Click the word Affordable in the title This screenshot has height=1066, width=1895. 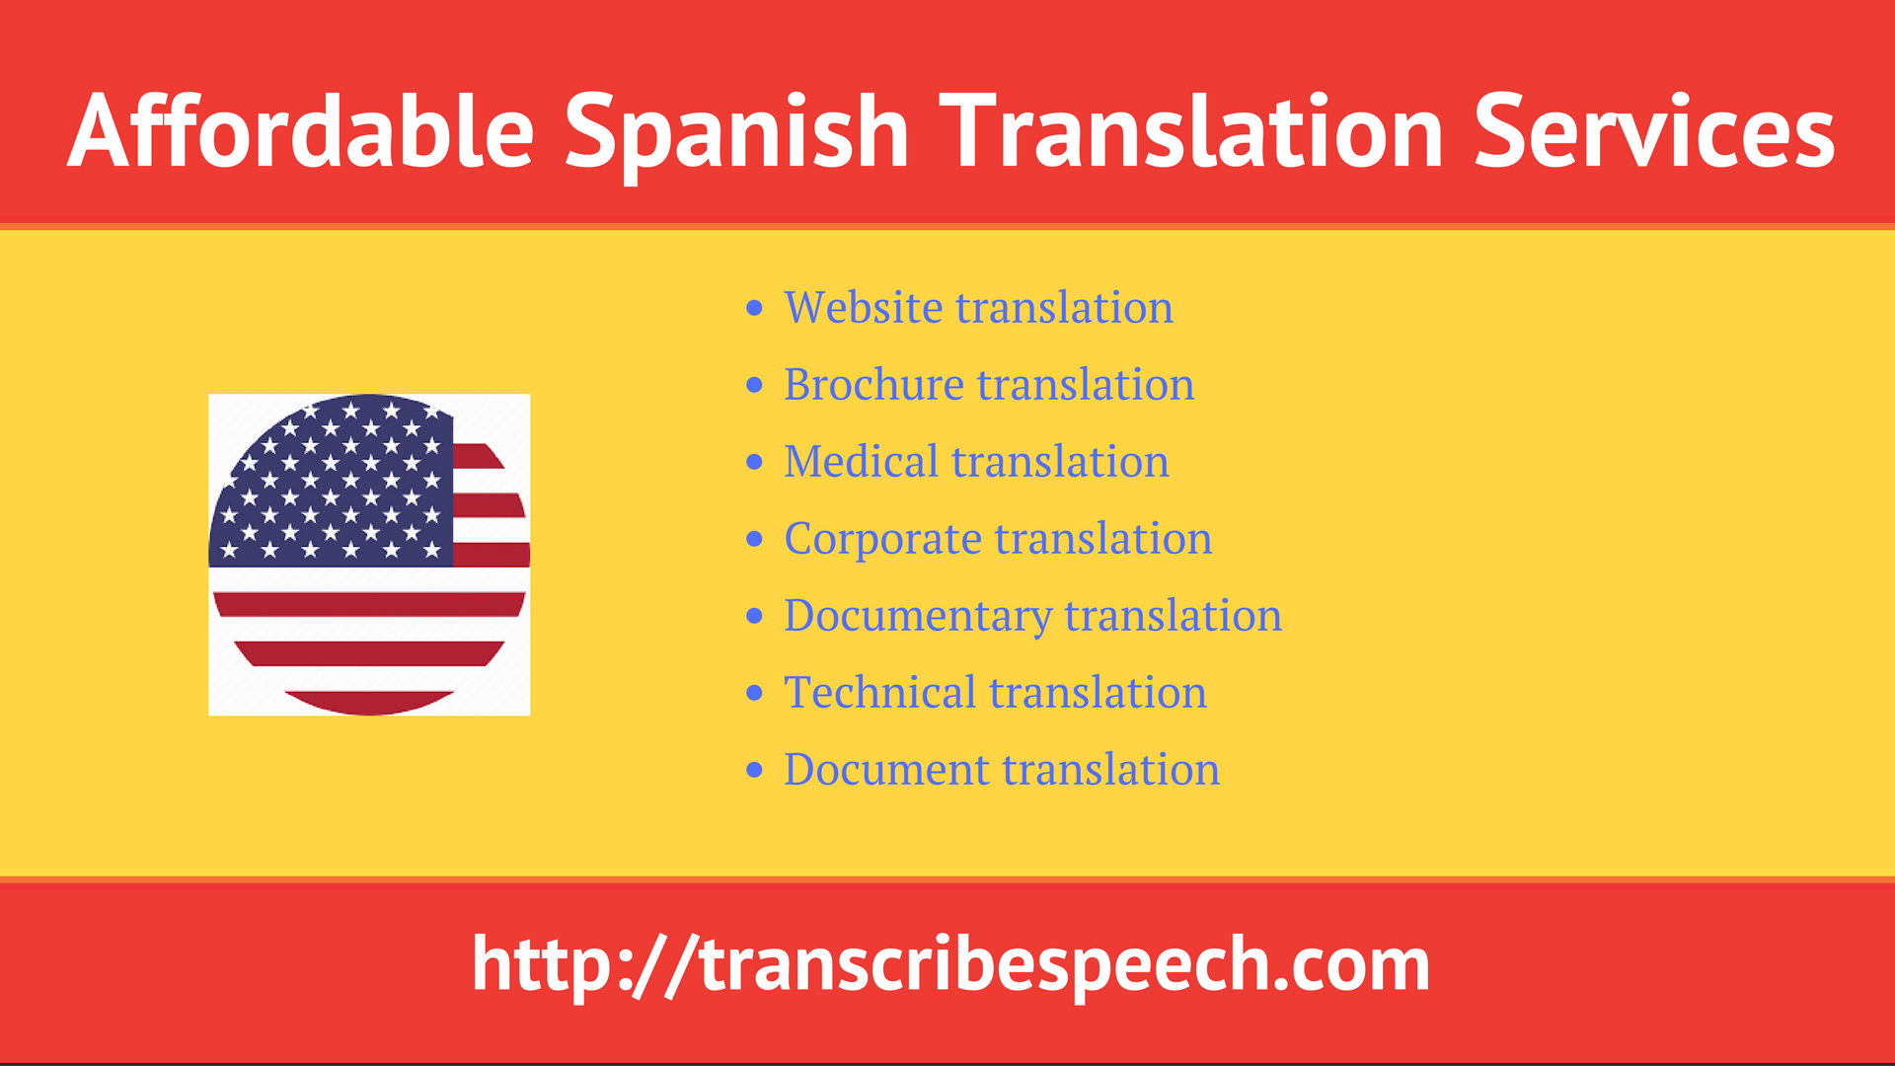click(x=301, y=131)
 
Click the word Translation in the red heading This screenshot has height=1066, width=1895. click(x=1191, y=131)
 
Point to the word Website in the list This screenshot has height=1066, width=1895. click(x=863, y=307)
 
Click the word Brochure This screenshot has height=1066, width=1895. click(x=872, y=384)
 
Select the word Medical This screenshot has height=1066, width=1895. click(x=861, y=461)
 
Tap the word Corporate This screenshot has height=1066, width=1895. click(x=882, y=538)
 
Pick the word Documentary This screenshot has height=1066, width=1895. click(x=917, y=616)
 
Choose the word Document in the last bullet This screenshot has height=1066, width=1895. click(x=885, y=769)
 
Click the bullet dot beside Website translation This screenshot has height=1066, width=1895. click(x=755, y=309)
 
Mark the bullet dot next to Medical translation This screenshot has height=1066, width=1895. click(x=755, y=463)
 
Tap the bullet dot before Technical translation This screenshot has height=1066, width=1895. click(x=755, y=694)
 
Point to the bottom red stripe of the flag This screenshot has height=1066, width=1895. click(x=369, y=702)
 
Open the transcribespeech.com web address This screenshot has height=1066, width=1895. click(x=950, y=964)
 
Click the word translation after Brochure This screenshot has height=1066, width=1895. click(x=1086, y=384)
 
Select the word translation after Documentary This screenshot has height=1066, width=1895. click(x=1173, y=616)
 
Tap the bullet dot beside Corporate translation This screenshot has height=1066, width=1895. click(x=755, y=540)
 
